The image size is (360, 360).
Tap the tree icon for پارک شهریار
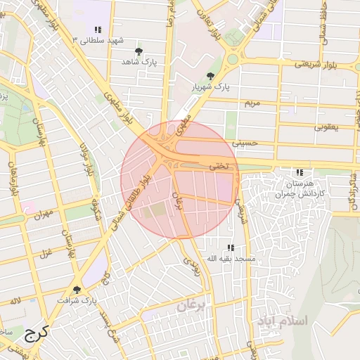click(210, 76)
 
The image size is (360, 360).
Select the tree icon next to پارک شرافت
click(77, 290)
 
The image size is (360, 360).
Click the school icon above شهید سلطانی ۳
click(98, 30)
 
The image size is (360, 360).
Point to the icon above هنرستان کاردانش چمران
click(300, 172)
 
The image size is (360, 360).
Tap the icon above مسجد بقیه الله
click(231, 248)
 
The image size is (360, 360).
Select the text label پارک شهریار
click(212, 87)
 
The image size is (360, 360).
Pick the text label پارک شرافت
click(79, 301)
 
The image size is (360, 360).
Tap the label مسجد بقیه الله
click(229, 259)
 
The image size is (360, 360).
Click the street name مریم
click(252, 103)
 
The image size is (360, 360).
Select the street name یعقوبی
click(328, 127)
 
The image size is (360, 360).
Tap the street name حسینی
click(250, 143)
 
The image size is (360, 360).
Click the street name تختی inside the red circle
click(219, 167)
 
